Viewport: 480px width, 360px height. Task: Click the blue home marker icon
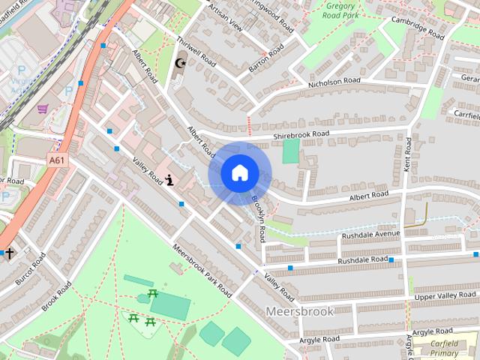pos(239,173)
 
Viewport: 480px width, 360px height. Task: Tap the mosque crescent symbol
pos(179,64)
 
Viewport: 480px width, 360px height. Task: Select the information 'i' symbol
pos(170,180)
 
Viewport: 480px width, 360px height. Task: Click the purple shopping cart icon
pos(43,109)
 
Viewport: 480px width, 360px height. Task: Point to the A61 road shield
pos(56,160)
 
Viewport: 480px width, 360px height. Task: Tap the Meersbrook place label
pos(293,310)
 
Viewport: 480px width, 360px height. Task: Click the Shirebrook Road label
pos(301,134)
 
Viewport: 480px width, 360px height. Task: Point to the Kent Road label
pos(408,157)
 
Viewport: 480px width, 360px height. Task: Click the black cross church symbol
pos(10,253)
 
